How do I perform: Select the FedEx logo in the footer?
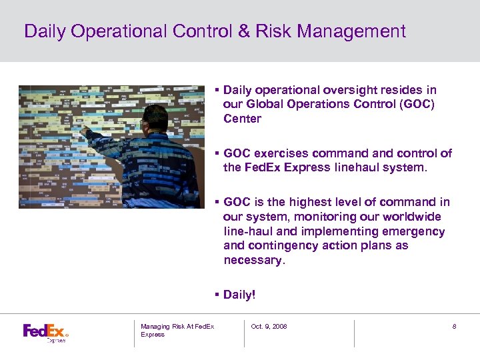coord(45,331)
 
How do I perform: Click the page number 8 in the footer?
coord(454,326)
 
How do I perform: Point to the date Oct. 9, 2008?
coord(269,326)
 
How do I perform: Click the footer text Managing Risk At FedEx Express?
coord(177,330)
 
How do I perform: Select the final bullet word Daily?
coord(239,295)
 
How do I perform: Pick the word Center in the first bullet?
coord(242,119)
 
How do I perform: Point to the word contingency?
coord(280,245)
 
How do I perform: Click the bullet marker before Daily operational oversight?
coord(217,89)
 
